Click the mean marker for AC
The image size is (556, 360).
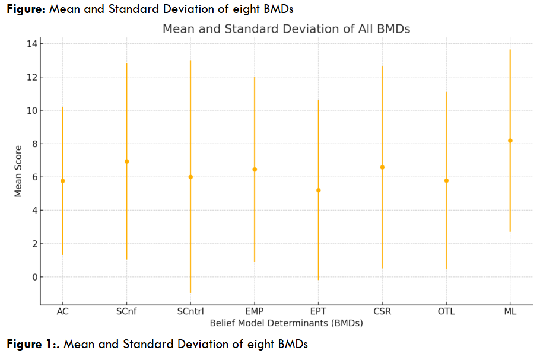coord(62,181)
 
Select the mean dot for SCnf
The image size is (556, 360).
coord(126,161)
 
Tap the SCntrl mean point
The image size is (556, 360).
coord(190,177)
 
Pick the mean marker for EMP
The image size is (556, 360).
coord(255,170)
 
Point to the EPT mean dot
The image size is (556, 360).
coord(319,190)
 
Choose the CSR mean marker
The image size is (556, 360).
coord(382,167)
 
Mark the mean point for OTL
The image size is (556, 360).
coord(446,180)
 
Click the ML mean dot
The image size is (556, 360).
coord(510,141)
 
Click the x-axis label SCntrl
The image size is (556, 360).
coord(190,313)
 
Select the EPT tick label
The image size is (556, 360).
coord(319,313)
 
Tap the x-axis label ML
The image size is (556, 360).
coord(510,313)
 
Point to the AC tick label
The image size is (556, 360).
coord(62,313)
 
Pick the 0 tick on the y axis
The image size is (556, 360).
coord(34,277)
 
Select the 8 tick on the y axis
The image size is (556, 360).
coord(34,144)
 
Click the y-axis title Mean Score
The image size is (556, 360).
coord(18,171)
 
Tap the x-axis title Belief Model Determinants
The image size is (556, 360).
coord(286,324)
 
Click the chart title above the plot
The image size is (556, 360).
coord(286,28)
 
